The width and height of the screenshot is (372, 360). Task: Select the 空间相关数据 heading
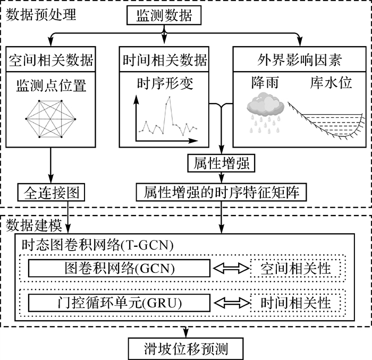click(52, 59)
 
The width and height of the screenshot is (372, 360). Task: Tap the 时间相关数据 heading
click(164, 59)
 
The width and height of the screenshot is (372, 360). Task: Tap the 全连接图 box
click(52, 191)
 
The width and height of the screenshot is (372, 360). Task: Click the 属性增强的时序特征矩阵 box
click(222, 191)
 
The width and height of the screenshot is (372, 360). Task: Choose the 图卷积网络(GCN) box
click(120, 268)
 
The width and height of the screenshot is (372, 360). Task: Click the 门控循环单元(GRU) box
click(120, 303)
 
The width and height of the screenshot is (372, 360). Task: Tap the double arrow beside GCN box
click(231, 268)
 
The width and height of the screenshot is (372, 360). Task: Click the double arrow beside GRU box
click(231, 303)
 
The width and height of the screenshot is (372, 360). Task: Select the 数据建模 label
click(33, 225)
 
